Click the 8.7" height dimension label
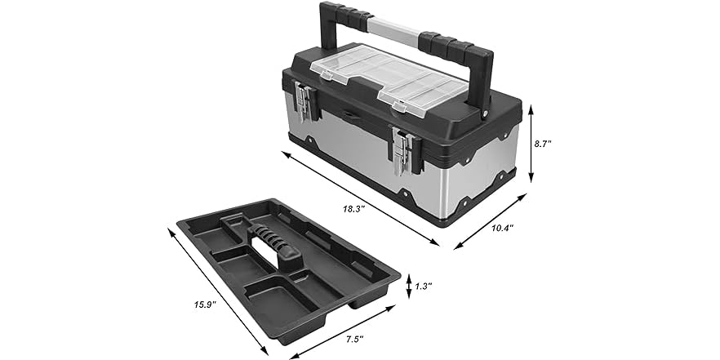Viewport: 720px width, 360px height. tap(543, 143)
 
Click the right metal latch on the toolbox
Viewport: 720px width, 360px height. tap(407, 153)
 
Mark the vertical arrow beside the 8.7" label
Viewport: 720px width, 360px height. tap(531, 143)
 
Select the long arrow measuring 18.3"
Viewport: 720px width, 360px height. tap(364, 197)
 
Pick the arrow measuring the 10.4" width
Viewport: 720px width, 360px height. tap(488, 220)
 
